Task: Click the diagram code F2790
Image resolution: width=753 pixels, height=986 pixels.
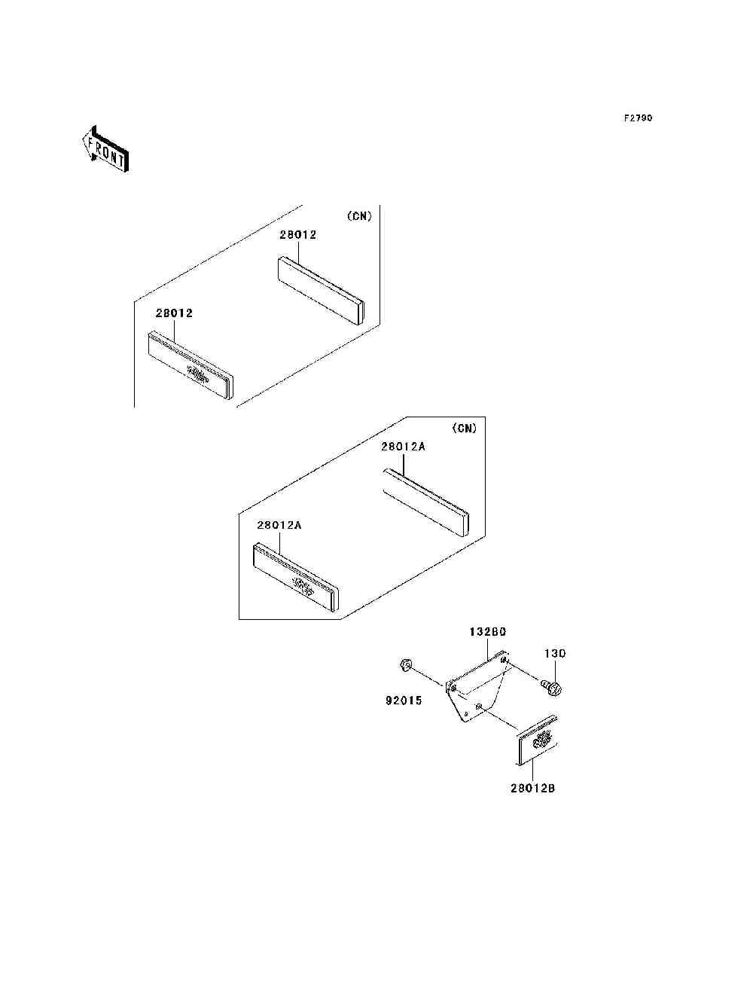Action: coord(638,118)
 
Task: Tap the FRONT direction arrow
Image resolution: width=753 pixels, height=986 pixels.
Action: coord(105,149)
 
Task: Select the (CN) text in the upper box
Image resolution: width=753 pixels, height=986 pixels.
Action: coord(359,216)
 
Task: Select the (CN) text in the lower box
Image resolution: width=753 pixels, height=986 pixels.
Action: coord(465,429)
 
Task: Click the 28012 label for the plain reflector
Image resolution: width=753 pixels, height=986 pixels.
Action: coord(298,235)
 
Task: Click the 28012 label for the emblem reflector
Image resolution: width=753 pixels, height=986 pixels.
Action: coord(175,313)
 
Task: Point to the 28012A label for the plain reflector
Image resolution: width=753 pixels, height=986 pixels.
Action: coord(403,447)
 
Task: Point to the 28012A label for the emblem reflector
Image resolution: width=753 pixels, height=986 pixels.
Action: coord(279,526)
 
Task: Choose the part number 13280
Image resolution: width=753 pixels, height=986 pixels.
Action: coord(487,633)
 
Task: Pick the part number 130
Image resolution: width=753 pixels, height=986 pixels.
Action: coord(555,654)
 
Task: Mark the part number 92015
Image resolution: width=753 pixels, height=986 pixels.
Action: coord(404,701)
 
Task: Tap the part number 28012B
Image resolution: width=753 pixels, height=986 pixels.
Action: coord(532,789)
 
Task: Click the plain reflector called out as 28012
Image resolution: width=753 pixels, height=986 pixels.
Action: coord(321,291)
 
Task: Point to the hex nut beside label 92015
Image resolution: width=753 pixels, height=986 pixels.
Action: coord(405,664)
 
